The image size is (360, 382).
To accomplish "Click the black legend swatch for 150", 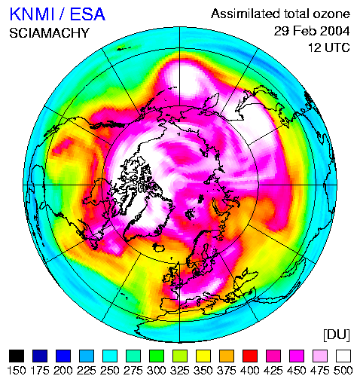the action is (17, 356).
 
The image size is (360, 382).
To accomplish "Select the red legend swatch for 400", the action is (250, 356).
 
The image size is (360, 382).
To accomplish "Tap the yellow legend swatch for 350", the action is (203, 356).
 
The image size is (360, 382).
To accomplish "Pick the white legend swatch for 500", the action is (343, 356).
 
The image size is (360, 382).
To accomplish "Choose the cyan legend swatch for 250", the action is (110, 356).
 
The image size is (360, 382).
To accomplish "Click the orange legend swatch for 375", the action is (227, 356).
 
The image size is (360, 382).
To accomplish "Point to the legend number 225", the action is (87, 371).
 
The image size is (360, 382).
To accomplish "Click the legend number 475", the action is (320, 371).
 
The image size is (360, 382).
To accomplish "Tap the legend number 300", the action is (157, 371).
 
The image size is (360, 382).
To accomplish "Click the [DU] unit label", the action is (337, 335).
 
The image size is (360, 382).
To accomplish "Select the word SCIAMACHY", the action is (49, 33).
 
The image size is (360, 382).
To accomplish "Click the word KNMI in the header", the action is (32, 14).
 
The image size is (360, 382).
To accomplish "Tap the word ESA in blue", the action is (87, 14).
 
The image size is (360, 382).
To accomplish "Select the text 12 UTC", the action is (329, 47).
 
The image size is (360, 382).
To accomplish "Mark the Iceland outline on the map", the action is (158, 247).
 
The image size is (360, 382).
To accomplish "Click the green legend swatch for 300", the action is (157, 356).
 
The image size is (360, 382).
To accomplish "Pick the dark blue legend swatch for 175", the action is (40, 356).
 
